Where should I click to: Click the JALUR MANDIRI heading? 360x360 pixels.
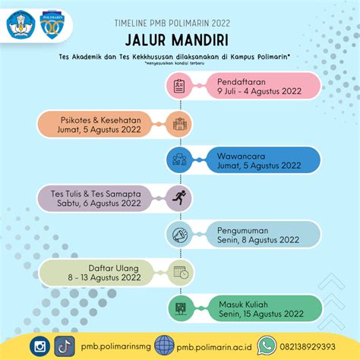tap(180, 39)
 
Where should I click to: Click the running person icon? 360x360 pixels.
tap(180, 198)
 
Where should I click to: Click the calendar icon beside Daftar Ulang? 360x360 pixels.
tap(180, 272)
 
